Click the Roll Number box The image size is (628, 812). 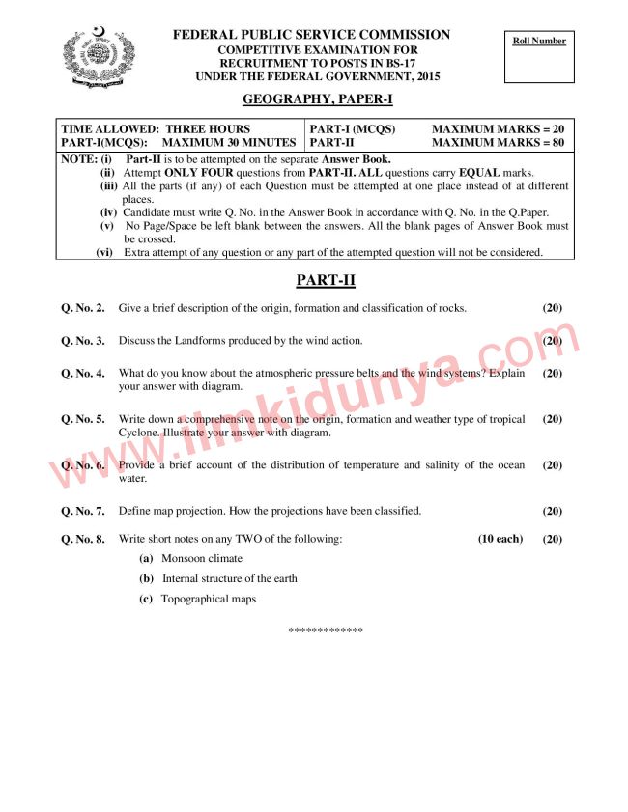(539, 58)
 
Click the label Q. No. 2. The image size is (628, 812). (83, 309)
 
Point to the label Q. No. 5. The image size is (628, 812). (83, 420)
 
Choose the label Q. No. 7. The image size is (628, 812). (83, 511)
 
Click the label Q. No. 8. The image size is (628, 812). (83, 539)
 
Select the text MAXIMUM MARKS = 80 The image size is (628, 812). (498, 143)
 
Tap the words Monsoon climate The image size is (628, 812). (202, 558)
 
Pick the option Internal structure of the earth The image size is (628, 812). (230, 578)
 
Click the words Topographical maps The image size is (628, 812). (209, 599)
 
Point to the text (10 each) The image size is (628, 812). (500, 539)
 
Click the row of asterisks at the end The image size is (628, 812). (326, 630)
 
